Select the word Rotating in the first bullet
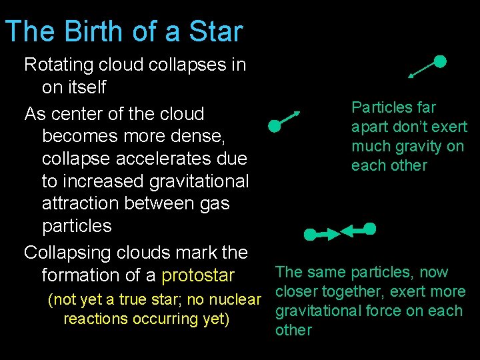coord(59,65)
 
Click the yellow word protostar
coord(198,275)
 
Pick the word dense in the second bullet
coord(203,136)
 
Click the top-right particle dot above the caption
coord(440,61)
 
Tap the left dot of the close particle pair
coord(309,235)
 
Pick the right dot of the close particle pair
coord(370,229)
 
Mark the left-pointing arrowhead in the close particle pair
coord(346,231)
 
